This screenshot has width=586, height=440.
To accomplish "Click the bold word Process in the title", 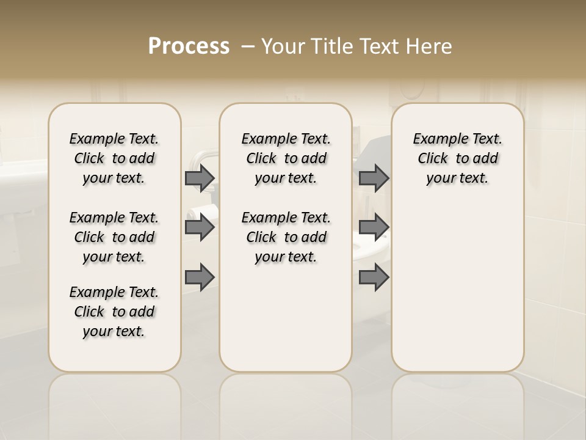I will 189,46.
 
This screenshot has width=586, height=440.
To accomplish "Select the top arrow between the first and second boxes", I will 200,178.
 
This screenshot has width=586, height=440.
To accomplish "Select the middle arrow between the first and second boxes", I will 200,227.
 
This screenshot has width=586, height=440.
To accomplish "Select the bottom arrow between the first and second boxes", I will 200,277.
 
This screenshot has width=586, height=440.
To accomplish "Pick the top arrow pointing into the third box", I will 374,178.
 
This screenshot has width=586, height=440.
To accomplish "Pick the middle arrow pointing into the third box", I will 374,227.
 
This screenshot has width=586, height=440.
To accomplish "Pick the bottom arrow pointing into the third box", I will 374,277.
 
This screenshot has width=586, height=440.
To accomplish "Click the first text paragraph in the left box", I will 114,158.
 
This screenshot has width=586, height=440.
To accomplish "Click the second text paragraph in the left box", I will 114,237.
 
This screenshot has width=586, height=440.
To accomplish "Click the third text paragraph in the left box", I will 114,312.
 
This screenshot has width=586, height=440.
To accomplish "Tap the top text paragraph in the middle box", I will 286,158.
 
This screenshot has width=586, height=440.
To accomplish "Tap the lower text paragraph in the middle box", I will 286,237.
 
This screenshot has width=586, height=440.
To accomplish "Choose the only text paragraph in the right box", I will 457,158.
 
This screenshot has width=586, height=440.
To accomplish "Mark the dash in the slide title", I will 247,46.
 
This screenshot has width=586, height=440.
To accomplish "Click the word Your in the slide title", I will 282,46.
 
